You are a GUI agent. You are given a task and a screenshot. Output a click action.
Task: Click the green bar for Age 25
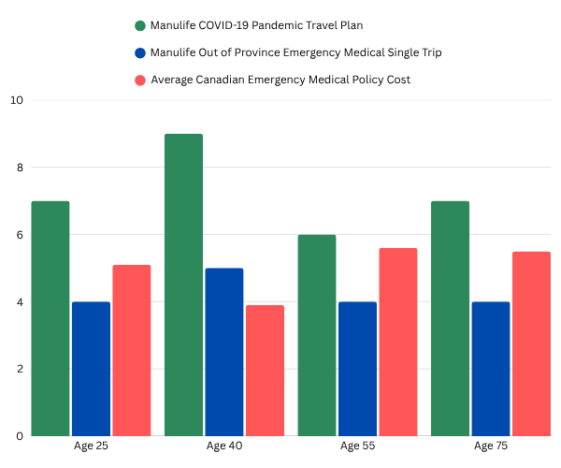click(50, 318)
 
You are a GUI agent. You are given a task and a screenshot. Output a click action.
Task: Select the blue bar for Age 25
click(91, 369)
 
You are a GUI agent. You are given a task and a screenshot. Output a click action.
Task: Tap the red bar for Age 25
click(131, 350)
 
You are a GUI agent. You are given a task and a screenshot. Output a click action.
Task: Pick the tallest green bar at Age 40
click(183, 285)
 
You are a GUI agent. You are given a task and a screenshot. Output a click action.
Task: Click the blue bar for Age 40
click(223, 352)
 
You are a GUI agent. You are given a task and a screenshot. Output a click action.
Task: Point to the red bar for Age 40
click(265, 371)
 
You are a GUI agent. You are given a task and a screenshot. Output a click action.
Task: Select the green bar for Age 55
click(317, 335)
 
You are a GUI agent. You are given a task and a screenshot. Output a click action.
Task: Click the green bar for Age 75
click(450, 318)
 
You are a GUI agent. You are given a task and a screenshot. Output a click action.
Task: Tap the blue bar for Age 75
click(490, 369)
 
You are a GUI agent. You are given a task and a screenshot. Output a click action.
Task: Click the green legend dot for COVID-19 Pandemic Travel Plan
click(140, 25)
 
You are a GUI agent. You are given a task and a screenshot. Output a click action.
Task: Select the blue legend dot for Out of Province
click(140, 52)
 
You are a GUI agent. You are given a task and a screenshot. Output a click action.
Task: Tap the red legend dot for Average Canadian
click(140, 80)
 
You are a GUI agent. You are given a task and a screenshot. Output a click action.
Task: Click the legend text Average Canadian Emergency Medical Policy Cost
click(287, 80)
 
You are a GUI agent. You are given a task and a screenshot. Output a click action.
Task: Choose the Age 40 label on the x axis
click(224, 446)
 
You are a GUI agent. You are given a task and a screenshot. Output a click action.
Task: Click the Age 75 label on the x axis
click(490, 446)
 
